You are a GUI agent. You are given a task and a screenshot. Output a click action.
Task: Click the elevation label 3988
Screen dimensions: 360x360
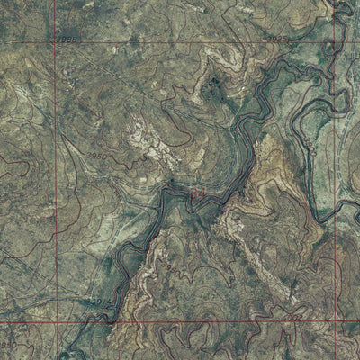click(x=65, y=40)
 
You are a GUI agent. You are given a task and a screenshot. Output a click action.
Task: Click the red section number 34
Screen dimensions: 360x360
click(x=197, y=193)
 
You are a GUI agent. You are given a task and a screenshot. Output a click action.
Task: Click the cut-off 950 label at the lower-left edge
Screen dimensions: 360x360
click(x=8, y=345)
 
